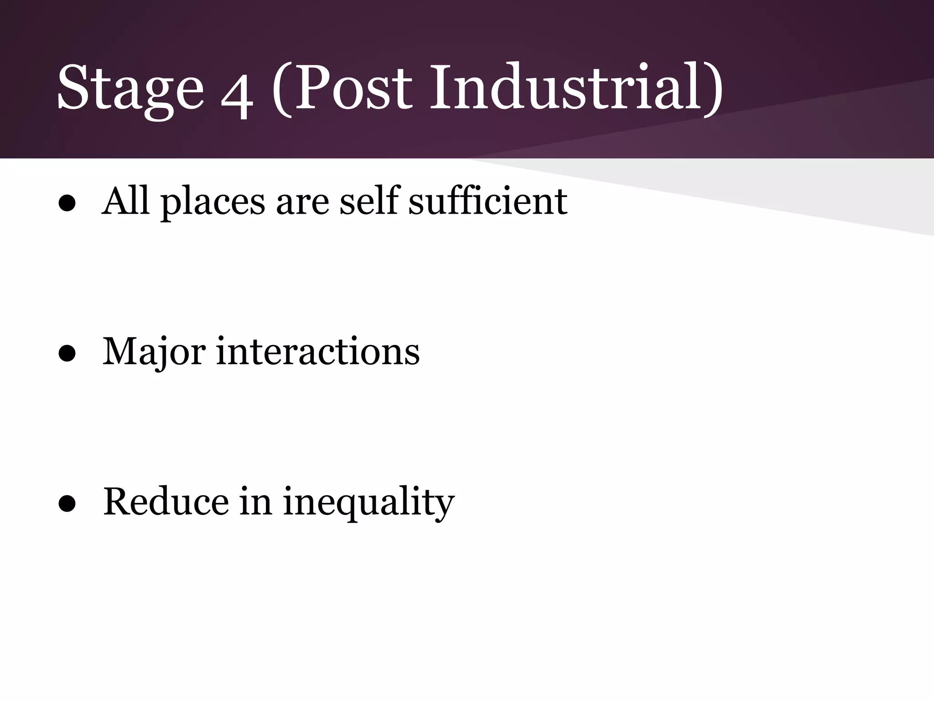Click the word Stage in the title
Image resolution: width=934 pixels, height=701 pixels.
pos(130,89)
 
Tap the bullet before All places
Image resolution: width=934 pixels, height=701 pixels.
pos(67,204)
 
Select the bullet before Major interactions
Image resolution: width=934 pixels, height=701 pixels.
pos(67,355)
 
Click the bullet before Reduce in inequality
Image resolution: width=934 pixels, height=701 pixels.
pos(67,505)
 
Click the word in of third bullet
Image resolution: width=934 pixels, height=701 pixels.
pos(256,502)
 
